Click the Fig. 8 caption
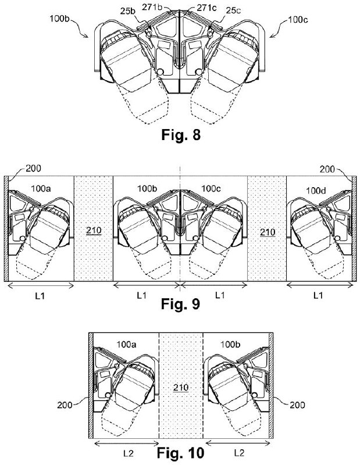pyautogui.click(x=181, y=135)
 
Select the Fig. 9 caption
pyautogui.click(x=180, y=303)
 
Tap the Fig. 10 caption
pyautogui.click(x=180, y=453)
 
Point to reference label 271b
pyautogui.click(x=152, y=7)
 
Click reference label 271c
pyautogui.click(x=208, y=8)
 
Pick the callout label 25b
pyautogui.click(x=128, y=11)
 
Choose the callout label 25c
pyautogui.click(x=233, y=10)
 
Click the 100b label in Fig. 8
pyautogui.click(x=60, y=19)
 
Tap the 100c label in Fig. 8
pyautogui.click(x=298, y=20)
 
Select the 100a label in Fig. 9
pyautogui.click(x=41, y=188)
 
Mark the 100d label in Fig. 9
pyautogui.click(x=316, y=191)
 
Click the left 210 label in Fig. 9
pyautogui.click(x=94, y=230)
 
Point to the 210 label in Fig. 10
pyautogui.click(x=181, y=387)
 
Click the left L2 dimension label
pyautogui.click(x=128, y=453)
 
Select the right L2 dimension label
pyautogui.click(x=239, y=453)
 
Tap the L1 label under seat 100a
pyautogui.click(x=40, y=296)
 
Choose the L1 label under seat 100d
pyautogui.click(x=318, y=295)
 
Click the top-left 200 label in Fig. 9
pyautogui.click(x=33, y=169)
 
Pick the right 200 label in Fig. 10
pyautogui.click(x=297, y=405)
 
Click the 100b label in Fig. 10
pyautogui.click(x=230, y=345)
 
